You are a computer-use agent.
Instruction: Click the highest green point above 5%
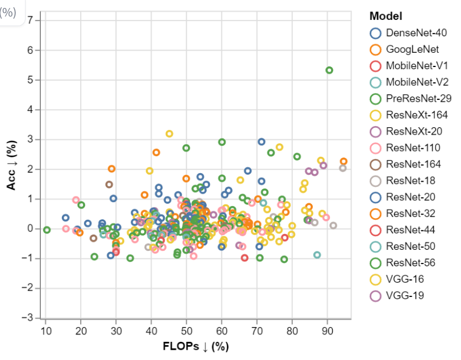pos(329,70)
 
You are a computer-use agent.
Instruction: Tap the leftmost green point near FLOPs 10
pos(47,230)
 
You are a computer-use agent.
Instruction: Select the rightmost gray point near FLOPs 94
pos(343,168)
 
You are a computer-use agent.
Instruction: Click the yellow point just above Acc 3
pos(169,134)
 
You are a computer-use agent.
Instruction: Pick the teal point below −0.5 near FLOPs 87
pos(317,255)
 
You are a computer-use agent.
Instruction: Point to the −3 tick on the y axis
pos(33,317)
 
